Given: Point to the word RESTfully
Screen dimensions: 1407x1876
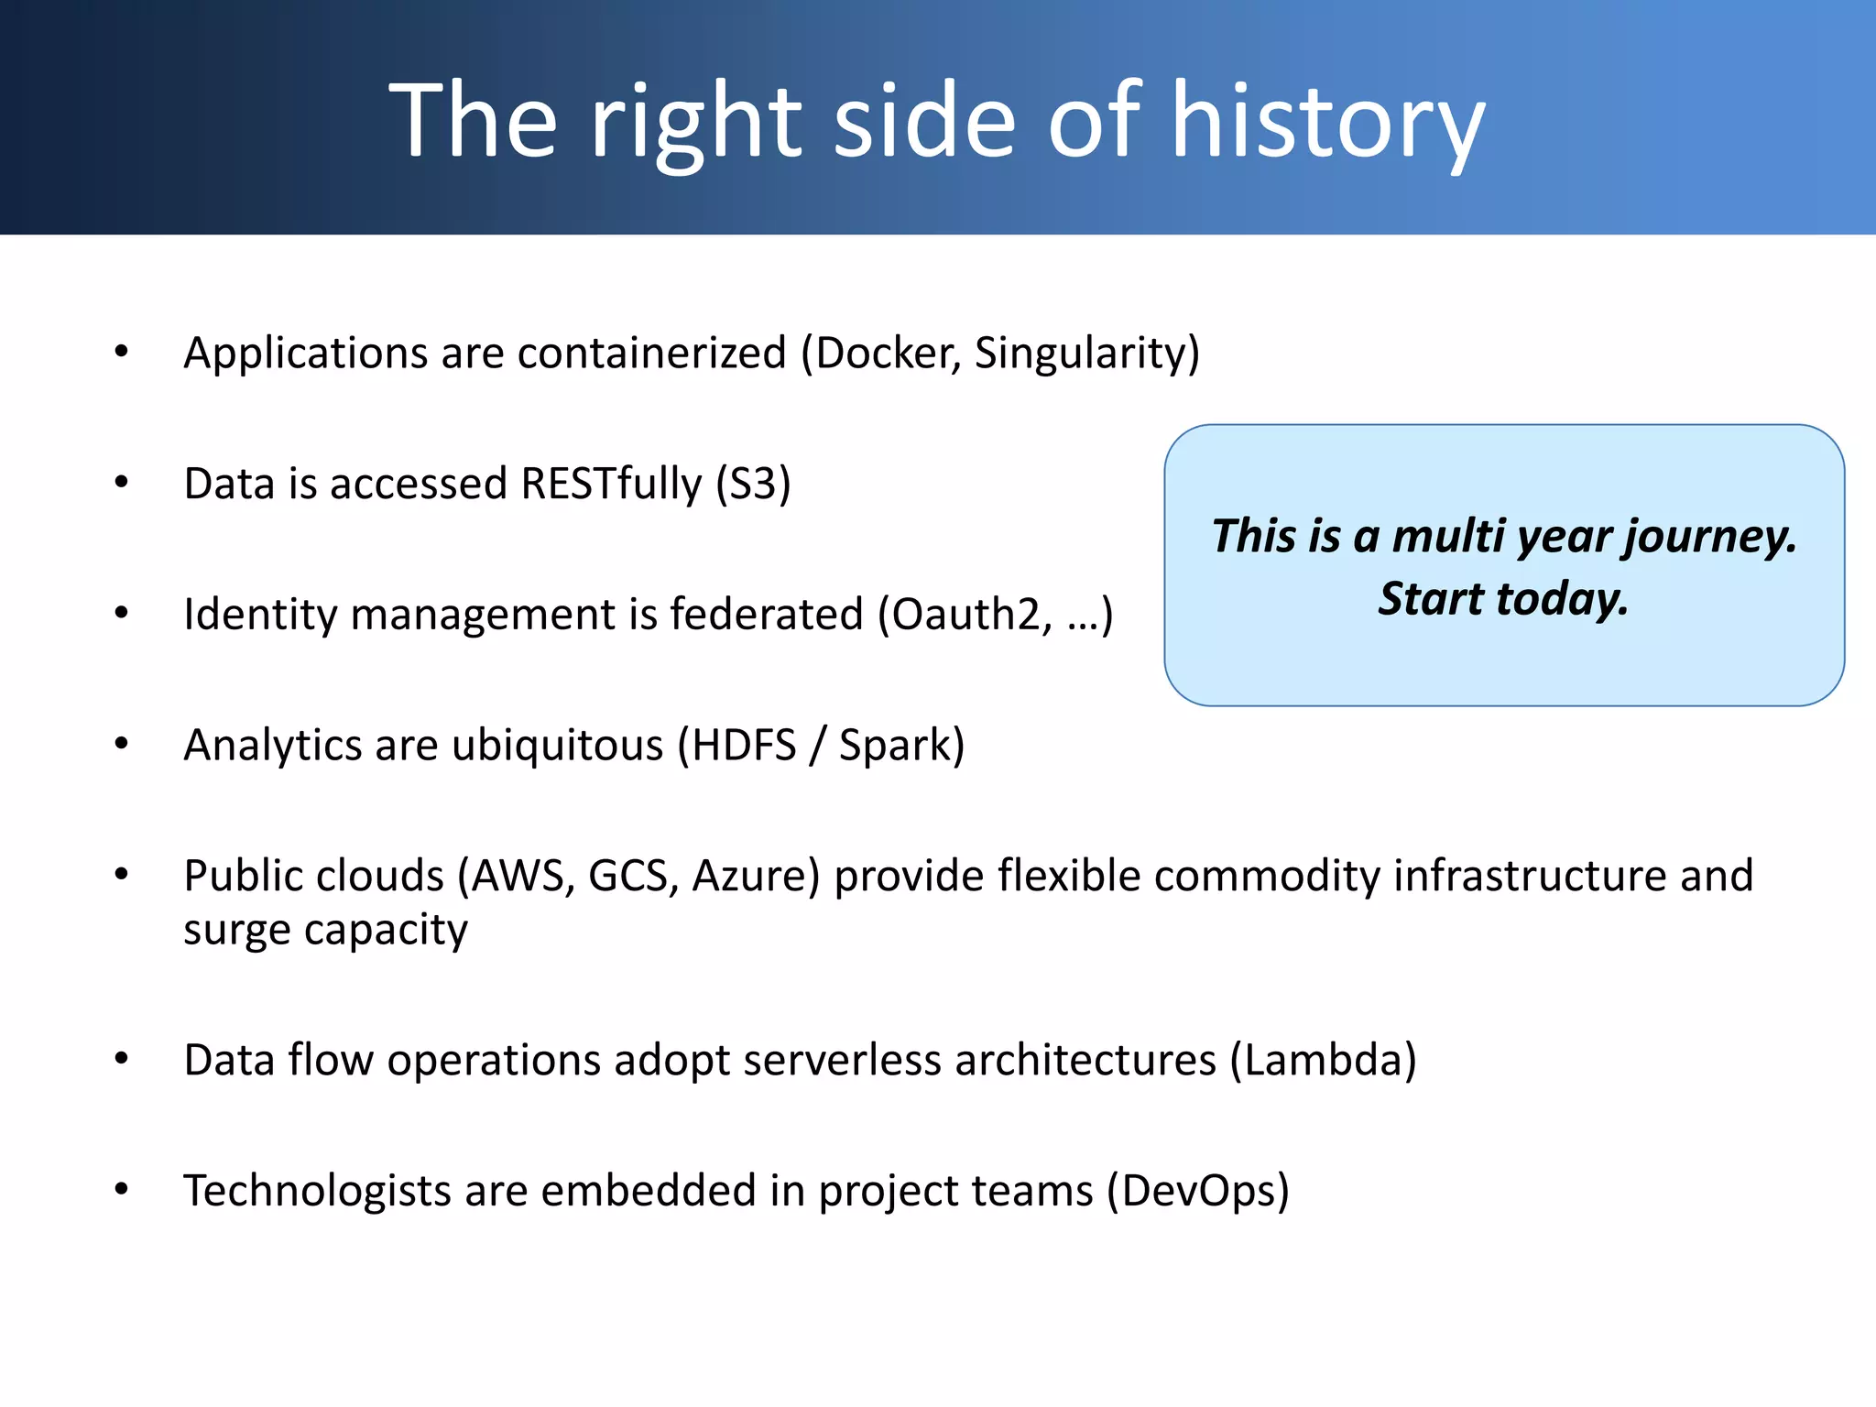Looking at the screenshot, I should tap(611, 484).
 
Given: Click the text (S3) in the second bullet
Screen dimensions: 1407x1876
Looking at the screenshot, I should tap(753, 484).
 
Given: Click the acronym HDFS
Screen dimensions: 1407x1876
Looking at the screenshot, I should tap(744, 745).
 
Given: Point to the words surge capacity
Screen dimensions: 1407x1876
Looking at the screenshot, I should tap(325, 931).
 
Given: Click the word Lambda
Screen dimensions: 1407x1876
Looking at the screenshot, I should tap(1323, 1061).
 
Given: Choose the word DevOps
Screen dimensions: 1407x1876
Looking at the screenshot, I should tap(1197, 1191).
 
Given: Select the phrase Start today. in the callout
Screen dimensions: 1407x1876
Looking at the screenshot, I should tap(1503, 599).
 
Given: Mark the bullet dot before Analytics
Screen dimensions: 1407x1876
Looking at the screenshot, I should tap(122, 744).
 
